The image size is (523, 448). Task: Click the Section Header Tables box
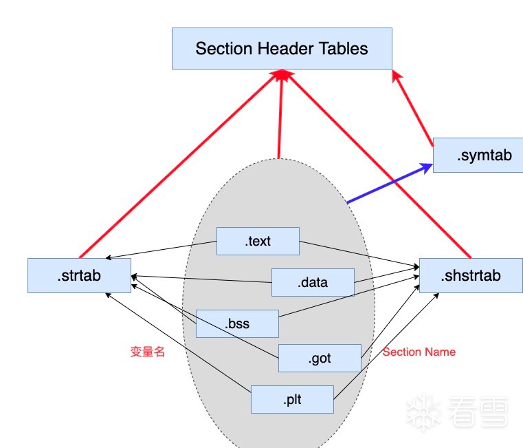282,48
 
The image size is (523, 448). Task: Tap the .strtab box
79,275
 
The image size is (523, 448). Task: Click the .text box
258,241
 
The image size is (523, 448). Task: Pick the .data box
313,282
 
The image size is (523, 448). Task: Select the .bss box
237,323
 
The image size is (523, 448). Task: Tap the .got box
320,358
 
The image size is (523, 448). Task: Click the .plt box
292,399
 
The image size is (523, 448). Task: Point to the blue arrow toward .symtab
388,184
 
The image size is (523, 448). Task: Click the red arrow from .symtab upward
412,109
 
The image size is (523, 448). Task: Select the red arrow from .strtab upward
179,165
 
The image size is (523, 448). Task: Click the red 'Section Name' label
419,352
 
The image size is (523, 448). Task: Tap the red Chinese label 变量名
148,351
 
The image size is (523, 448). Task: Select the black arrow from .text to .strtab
162,250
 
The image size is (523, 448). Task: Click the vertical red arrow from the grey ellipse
279,117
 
